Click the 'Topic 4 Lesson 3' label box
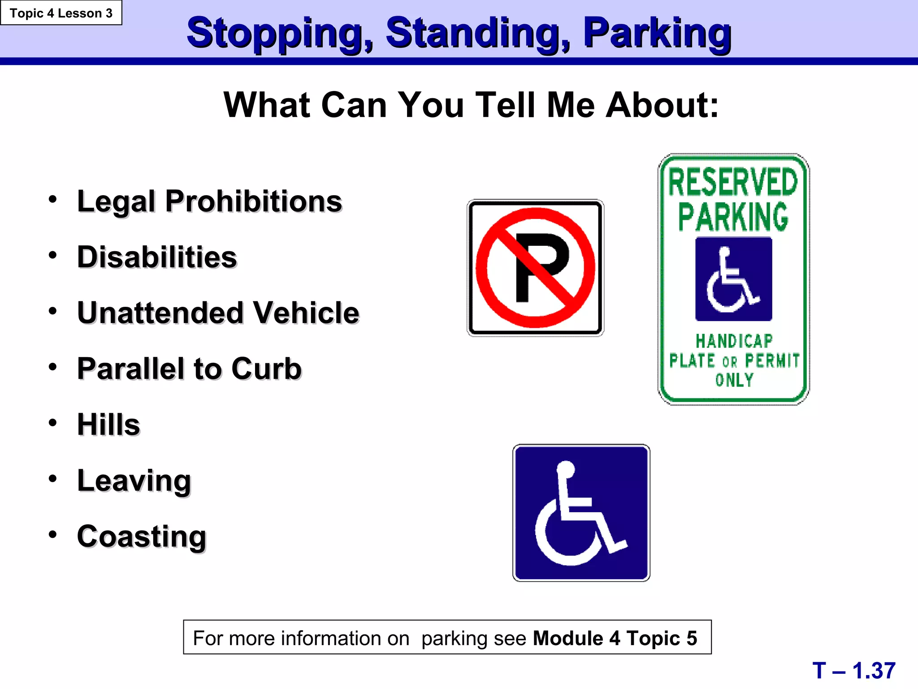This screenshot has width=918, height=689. click(x=61, y=13)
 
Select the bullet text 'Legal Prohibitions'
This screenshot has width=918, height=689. click(x=209, y=201)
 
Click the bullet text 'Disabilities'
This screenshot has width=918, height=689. click(x=157, y=257)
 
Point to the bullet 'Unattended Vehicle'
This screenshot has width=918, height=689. click(x=218, y=313)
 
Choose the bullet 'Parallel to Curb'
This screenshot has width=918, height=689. click(x=189, y=369)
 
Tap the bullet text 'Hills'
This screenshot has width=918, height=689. click(x=108, y=424)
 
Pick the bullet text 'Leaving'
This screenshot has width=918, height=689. click(x=134, y=480)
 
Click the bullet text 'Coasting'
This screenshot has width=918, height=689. click(x=142, y=536)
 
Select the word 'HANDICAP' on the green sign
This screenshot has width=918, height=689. click(x=734, y=341)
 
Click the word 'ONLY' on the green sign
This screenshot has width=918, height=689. click(x=734, y=380)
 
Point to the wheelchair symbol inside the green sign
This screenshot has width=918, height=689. click(x=733, y=279)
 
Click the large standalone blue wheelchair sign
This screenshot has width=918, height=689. click(x=581, y=513)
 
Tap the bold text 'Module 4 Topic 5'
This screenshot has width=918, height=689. click(x=615, y=638)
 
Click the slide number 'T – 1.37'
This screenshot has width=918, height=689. click(x=853, y=671)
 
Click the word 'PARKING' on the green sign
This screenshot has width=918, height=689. click(x=733, y=217)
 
